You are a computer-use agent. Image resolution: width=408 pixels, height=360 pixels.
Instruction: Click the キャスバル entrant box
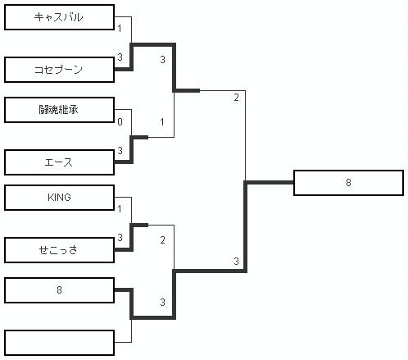(59, 17)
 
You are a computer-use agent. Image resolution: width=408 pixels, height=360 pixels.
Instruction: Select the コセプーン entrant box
(59, 70)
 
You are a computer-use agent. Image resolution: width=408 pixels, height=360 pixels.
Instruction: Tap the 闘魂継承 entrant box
(59, 110)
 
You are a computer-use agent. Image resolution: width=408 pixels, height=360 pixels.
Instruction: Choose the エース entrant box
(59, 162)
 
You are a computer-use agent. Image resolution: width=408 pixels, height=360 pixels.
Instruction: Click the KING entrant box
(59, 198)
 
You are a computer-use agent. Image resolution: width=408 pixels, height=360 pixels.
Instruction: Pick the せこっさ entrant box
(59, 250)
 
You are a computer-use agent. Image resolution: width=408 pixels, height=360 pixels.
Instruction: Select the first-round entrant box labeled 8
(59, 290)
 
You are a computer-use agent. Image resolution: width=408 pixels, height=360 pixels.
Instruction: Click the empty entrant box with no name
(59, 343)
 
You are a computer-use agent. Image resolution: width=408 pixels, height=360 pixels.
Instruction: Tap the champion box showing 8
(348, 183)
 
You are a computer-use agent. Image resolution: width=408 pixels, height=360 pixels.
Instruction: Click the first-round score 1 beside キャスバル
(120, 29)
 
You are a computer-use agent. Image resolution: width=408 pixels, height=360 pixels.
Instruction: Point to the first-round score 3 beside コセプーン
(120, 57)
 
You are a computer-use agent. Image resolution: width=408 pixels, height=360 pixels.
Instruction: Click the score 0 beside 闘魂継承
(120, 122)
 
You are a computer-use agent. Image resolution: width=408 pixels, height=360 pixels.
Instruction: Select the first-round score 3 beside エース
(120, 151)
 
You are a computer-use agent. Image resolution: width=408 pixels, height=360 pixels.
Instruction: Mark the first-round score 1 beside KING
(120, 209)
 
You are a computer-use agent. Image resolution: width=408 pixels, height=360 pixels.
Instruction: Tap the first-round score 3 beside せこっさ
(120, 238)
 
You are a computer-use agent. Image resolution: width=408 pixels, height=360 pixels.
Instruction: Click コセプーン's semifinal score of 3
(162, 59)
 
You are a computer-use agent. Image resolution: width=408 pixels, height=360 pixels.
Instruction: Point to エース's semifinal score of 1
(162, 122)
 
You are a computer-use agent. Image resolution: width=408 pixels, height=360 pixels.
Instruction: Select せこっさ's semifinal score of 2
(162, 240)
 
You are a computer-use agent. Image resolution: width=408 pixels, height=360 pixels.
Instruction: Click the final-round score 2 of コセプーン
(236, 98)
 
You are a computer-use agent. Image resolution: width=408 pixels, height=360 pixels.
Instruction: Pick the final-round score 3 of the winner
(236, 262)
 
